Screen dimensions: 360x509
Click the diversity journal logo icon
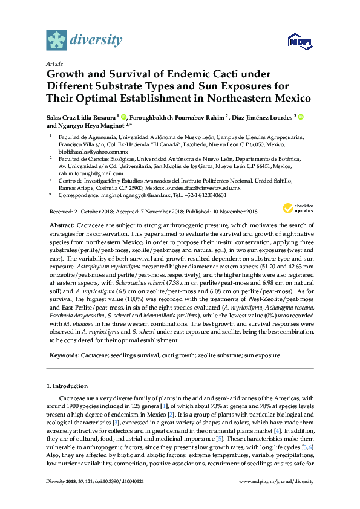pos(57,39)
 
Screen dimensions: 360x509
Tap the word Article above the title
pos(54,63)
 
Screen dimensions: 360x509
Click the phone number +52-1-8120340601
pos(205,196)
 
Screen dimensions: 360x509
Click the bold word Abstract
pos(63,224)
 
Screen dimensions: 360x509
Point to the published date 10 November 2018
pos(235,211)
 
